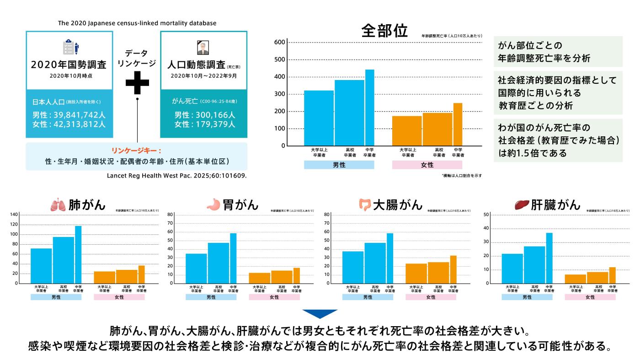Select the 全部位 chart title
click(x=384, y=31)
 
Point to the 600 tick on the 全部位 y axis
click(x=280, y=43)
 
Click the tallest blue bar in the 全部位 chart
click(x=369, y=107)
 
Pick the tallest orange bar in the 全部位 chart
click(x=458, y=124)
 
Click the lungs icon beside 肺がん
click(x=59, y=204)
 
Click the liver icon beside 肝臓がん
click(x=521, y=204)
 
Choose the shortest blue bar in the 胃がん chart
click(x=196, y=269)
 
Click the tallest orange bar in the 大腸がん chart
click(x=453, y=269)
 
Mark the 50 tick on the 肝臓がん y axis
click(x=486, y=215)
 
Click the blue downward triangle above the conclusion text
click(x=320, y=314)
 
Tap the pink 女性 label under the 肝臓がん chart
click(x=590, y=297)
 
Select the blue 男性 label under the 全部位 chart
click(x=339, y=165)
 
